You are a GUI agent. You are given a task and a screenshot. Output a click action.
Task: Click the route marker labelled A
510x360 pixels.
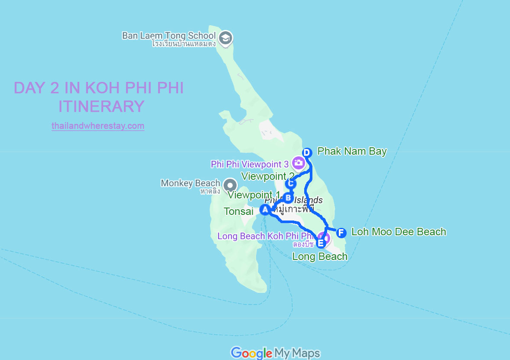[265, 210]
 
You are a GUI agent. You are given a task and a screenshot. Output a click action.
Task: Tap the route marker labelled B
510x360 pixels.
[288, 198]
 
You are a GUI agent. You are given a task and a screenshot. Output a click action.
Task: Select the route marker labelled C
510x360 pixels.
[290, 184]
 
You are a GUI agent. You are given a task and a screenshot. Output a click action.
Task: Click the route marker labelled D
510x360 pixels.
[307, 152]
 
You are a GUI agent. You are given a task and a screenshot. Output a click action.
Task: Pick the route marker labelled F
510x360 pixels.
[341, 233]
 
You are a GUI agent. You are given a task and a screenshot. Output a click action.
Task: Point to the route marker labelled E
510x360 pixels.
[321, 243]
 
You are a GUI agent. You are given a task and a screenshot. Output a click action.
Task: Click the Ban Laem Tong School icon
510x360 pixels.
[225, 38]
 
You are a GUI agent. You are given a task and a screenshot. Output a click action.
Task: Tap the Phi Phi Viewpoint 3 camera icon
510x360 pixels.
[298, 163]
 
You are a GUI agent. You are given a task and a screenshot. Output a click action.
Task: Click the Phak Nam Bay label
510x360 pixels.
[352, 151]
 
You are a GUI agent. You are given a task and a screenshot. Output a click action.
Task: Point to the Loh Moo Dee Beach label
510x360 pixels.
[399, 232]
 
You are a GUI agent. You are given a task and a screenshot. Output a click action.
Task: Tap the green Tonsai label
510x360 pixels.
[238, 211]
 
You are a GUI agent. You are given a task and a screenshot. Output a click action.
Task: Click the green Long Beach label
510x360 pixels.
[320, 256]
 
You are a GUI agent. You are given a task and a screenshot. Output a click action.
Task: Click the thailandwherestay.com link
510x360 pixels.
[98, 126]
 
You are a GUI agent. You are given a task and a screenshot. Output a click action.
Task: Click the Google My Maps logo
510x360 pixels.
[275, 353]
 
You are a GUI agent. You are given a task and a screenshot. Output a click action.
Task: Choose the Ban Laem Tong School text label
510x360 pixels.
[169, 36]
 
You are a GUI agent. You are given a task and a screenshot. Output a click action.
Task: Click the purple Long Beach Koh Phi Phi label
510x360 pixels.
[265, 236]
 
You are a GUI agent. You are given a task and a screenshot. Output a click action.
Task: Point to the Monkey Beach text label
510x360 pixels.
[190, 183]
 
